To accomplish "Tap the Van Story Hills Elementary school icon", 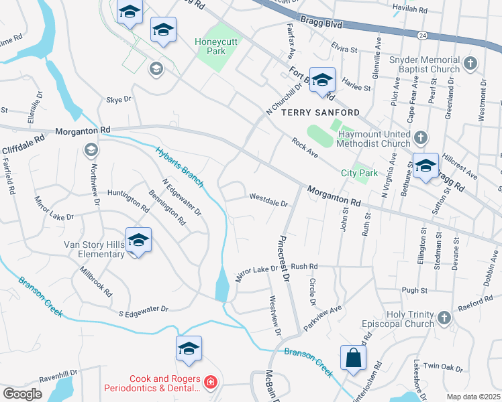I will (x=138, y=241).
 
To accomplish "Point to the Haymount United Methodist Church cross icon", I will (x=420, y=137).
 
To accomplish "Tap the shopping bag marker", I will (x=353, y=358).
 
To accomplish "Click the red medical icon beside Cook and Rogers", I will (x=211, y=383).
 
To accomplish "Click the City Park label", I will (x=359, y=173).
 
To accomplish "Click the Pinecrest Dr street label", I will (x=285, y=258).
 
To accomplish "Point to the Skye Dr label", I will (x=118, y=100).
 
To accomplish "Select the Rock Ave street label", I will (x=305, y=148).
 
